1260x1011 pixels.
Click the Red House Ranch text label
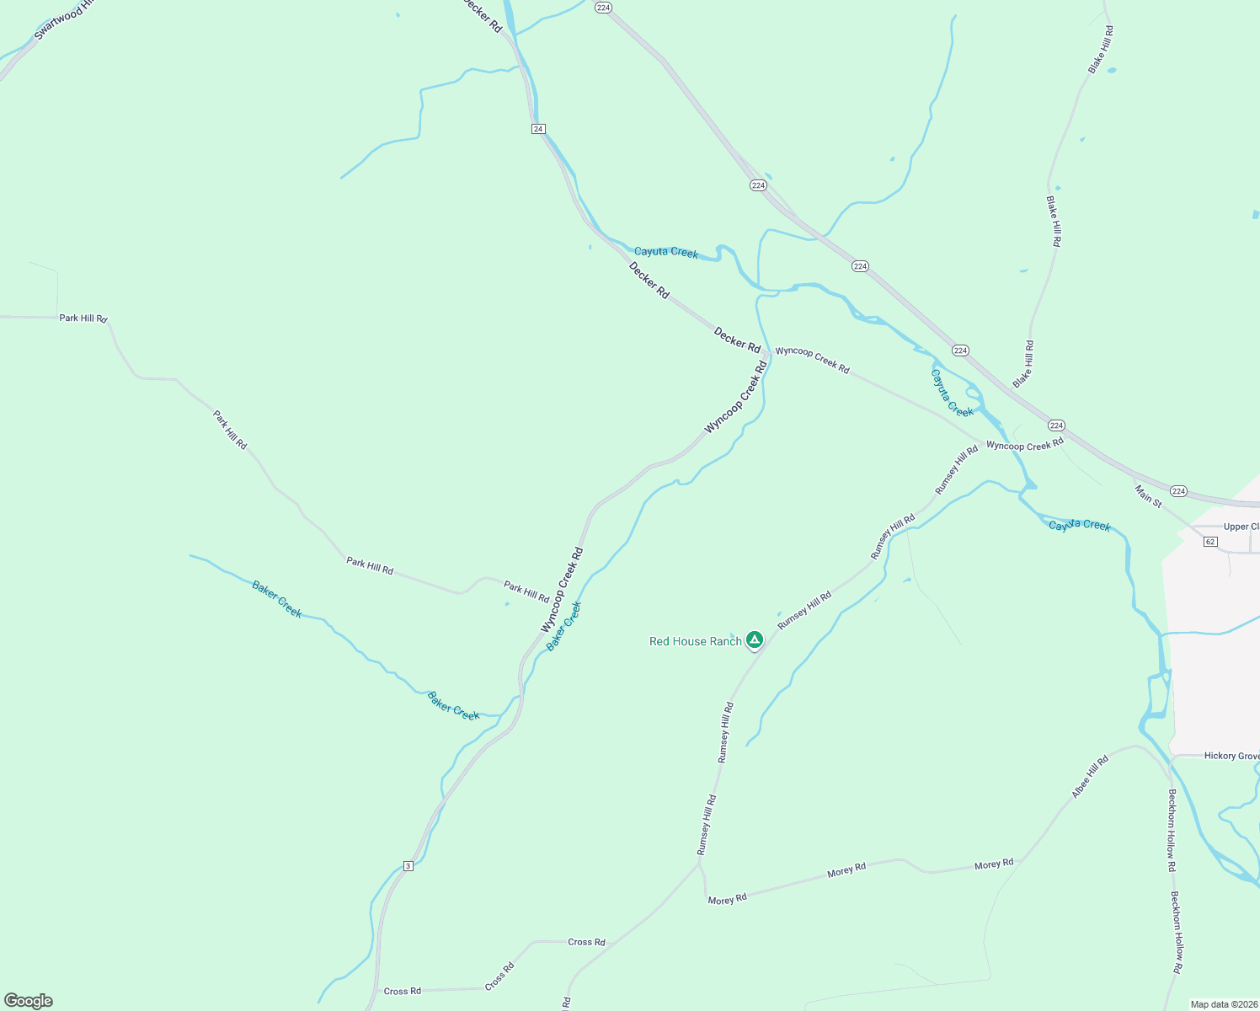coord(695,641)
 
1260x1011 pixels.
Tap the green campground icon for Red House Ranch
coord(755,640)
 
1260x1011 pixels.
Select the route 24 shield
coord(538,129)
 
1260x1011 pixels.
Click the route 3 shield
coord(408,865)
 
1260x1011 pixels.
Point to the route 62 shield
coord(1210,541)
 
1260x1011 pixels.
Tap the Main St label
coord(1148,496)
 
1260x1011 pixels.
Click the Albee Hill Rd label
coord(1090,777)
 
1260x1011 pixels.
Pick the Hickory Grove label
coord(1231,756)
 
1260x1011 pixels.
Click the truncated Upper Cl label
coord(1241,527)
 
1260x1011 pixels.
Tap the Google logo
coord(28,1001)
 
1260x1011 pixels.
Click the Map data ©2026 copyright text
coord(1224,1004)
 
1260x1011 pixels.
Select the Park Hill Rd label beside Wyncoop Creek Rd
coord(526,591)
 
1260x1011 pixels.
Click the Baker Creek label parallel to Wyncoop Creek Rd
coord(563,626)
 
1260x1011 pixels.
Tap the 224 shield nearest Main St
coord(1178,491)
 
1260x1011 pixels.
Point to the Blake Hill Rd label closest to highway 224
coord(1023,364)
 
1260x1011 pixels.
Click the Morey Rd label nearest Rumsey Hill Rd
coord(727,899)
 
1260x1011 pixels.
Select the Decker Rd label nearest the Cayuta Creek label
coord(649,280)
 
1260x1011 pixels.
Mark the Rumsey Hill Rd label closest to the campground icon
coord(804,610)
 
